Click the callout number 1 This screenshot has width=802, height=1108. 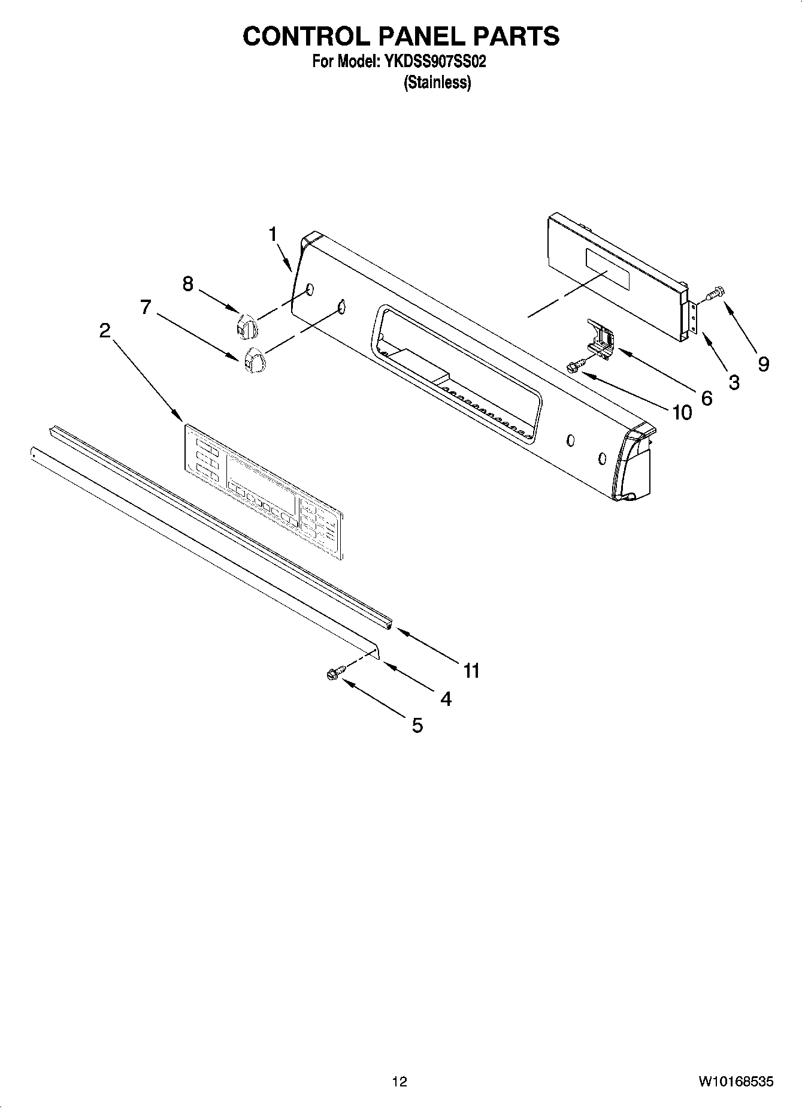tap(273, 234)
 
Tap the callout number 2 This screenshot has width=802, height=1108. tap(105, 330)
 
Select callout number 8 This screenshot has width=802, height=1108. tap(188, 283)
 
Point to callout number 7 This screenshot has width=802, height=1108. tap(146, 307)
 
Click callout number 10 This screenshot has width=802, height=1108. tap(682, 412)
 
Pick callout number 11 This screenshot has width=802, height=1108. tap(472, 671)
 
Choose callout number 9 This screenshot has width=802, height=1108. tap(763, 364)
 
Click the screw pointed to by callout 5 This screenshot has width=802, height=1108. tap(333, 673)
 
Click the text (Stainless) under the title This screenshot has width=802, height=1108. tap(437, 82)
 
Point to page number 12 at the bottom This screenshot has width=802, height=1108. tap(400, 1081)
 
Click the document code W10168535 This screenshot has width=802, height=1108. tap(735, 1081)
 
